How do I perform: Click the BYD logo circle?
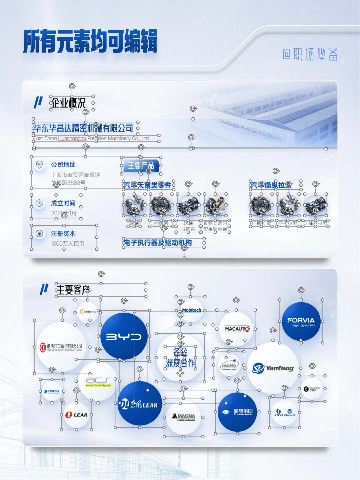pyautogui.click(x=124, y=336)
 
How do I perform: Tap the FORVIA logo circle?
pyautogui.click(x=301, y=322)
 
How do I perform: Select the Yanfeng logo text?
pyautogui.click(x=279, y=368)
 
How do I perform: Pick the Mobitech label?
pyautogui.click(x=192, y=310)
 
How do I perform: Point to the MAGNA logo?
pyautogui.click(x=184, y=417)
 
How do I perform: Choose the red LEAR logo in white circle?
pyautogui.click(x=76, y=415)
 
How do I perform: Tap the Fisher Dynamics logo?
pyautogui.click(x=52, y=391)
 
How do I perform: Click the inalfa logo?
pyautogui.click(x=229, y=366)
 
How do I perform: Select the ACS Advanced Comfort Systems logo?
pyautogui.click(x=98, y=381)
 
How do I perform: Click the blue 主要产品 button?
pyautogui.click(x=141, y=165)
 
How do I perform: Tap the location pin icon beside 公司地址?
pyautogui.click(x=39, y=164)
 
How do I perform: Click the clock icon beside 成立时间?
pyautogui.click(x=39, y=203)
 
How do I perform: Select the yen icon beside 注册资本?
pyautogui.click(x=39, y=233)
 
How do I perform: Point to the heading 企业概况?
pyautogui.click(x=68, y=103)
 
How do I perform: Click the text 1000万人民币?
pyautogui.click(x=67, y=244)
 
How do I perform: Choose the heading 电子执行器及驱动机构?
pyautogui.click(x=158, y=243)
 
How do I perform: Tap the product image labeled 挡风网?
pyautogui.click(x=161, y=205)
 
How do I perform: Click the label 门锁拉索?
pyautogui.click(x=262, y=223)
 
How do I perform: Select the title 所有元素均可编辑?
pyautogui.click(x=90, y=41)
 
